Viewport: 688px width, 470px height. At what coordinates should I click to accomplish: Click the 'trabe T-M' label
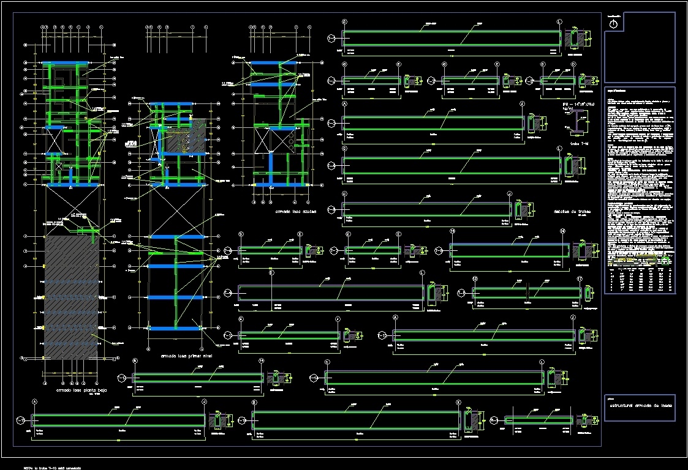pos(579,144)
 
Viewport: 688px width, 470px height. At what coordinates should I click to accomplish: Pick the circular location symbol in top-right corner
pos(614,24)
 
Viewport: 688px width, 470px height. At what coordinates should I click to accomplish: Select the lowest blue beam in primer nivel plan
pos(175,329)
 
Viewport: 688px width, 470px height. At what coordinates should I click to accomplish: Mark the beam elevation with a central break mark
pos(526,293)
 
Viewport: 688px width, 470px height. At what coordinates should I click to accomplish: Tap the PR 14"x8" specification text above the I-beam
pos(578,107)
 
